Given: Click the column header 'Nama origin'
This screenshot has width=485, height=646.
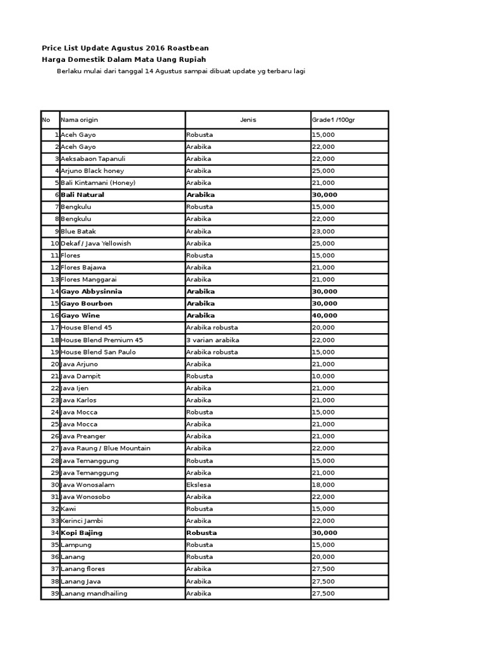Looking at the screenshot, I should [x=80, y=120].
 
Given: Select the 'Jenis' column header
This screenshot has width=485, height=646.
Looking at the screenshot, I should [x=248, y=120].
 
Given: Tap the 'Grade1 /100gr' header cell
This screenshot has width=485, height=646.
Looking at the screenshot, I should [x=333, y=120].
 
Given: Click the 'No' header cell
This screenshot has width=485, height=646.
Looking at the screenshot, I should [x=46, y=120].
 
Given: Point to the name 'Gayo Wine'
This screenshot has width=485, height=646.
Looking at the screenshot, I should [x=80, y=315].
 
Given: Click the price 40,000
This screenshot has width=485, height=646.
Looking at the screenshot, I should [x=325, y=315].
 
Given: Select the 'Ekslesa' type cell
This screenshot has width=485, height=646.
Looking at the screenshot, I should [x=199, y=484].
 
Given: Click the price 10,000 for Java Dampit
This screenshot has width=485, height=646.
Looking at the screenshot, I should [x=323, y=376].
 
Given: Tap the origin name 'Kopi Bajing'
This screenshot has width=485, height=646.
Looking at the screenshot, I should [x=81, y=533].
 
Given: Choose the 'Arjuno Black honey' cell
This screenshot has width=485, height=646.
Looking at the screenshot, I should [x=92, y=171].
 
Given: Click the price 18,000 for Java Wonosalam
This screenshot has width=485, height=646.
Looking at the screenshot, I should [x=323, y=484].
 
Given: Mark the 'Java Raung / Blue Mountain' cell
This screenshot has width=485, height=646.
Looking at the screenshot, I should [x=105, y=449].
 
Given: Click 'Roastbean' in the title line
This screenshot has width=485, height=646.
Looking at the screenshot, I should [x=188, y=48].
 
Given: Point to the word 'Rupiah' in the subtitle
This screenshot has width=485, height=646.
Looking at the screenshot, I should [x=193, y=59].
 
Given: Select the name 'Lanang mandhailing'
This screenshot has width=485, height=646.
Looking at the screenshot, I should [x=94, y=594].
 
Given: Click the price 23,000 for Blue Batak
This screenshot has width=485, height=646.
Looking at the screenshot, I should [x=323, y=232].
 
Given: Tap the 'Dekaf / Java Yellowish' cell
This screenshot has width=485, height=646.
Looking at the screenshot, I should [x=95, y=244].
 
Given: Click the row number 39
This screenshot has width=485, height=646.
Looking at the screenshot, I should [x=54, y=594].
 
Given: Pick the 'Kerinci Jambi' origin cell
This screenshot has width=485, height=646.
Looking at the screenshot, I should [x=81, y=521].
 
